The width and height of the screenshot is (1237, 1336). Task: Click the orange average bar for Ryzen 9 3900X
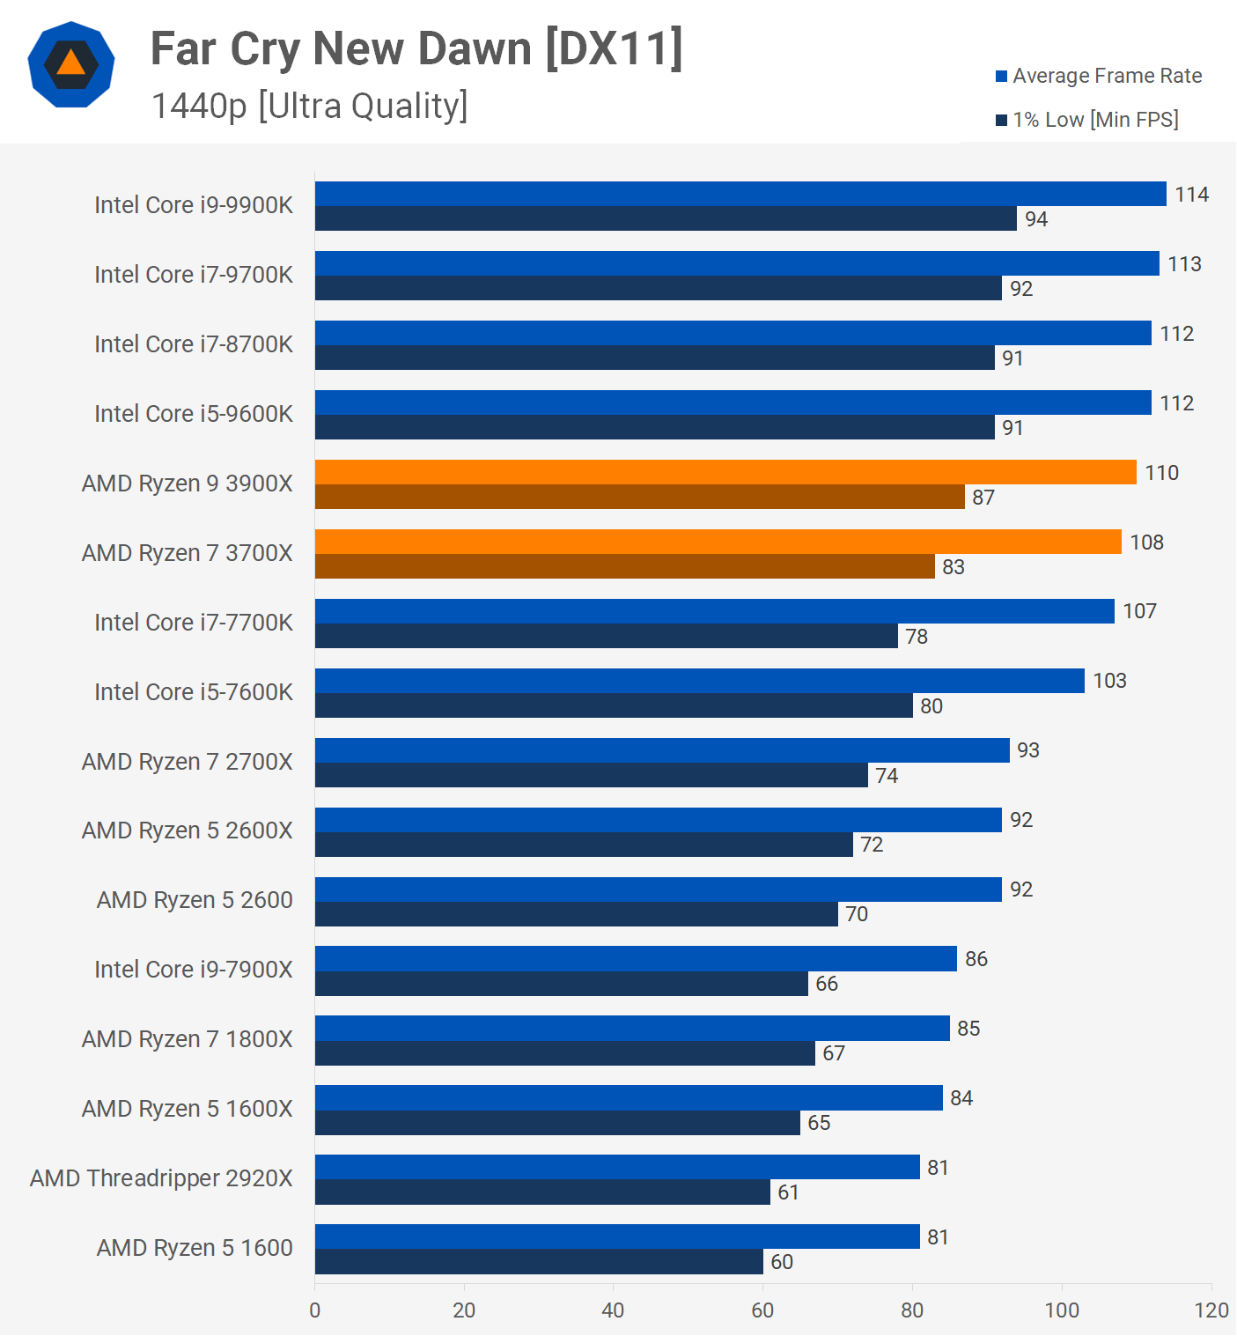pyautogui.click(x=725, y=472)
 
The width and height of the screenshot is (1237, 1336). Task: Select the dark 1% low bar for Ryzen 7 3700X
pyautogui.click(x=624, y=566)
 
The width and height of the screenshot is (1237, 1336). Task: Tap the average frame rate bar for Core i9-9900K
pyautogui.click(x=740, y=194)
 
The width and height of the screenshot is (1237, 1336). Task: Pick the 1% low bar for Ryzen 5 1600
pyautogui.click(x=539, y=1261)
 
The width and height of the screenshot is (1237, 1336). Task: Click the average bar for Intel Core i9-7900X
pyautogui.click(x=636, y=958)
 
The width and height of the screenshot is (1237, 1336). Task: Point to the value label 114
pyautogui.click(x=1191, y=195)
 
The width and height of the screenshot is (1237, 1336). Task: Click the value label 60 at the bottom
pyautogui.click(x=782, y=1262)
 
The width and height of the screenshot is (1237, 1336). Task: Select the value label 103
pyautogui.click(x=1109, y=681)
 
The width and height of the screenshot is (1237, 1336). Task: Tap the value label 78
pyautogui.click(x=917, y=637)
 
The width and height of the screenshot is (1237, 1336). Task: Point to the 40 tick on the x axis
pyautogui.click(x=613, y=1310)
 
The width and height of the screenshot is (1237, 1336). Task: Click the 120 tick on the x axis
pyautogui.click(x=1211, y=1310)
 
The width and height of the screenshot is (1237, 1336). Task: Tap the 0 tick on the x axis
pyautogui.click(x=315, y=1310)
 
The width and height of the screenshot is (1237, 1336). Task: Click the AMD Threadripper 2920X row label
pyautogui.click(x=161, y=1178)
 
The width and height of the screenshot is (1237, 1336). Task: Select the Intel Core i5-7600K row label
pyautogui.click(x=194, y=692)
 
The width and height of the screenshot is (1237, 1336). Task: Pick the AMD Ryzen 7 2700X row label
pyautogui.click(x=187, y=762)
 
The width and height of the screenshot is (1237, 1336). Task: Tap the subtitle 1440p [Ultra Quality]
pyautogui.click(x=310, y=106)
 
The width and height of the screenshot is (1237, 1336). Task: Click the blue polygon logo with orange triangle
pyautogui.click(x=71, y=64)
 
